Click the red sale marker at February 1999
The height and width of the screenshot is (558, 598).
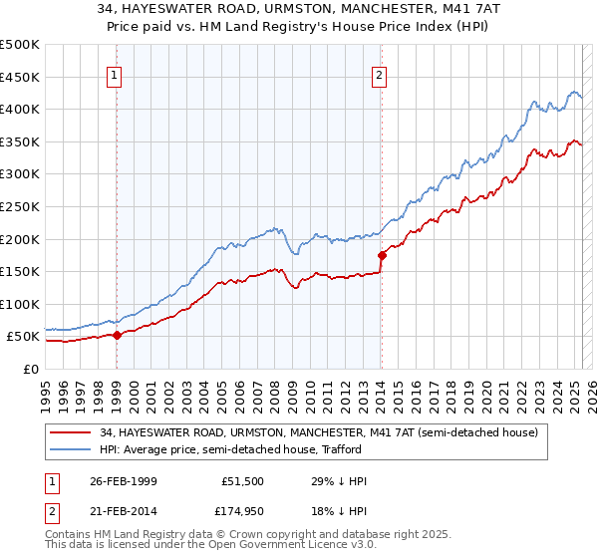click(x=118, y=335)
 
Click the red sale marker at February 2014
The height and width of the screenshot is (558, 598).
click(x=382, y=255)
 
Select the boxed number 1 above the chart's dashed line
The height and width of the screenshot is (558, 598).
click(x=117, y=74)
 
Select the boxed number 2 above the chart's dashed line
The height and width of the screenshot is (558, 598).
click(x=381, y=74)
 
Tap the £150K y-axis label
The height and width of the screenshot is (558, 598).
click(x=20, y=271)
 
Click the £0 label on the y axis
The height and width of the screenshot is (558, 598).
click(x=30, y=369)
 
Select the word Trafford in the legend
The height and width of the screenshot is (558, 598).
click(x=351, y=450)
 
